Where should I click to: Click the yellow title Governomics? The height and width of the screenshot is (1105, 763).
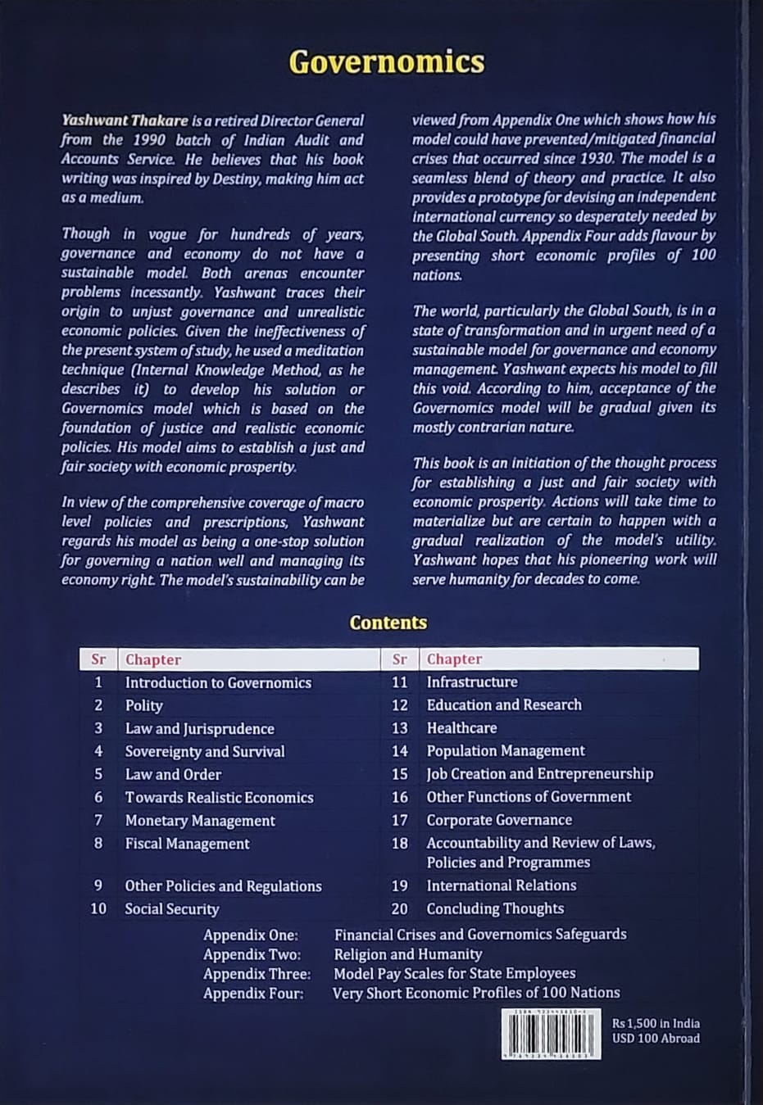387,62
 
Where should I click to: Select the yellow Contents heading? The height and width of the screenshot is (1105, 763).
388,623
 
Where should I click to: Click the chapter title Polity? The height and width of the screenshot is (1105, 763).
143,705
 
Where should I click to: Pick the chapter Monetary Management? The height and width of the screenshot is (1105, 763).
200,820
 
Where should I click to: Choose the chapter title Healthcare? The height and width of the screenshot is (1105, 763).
461,727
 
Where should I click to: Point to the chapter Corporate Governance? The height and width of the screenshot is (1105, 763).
499,819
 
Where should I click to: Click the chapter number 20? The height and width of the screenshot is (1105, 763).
399,908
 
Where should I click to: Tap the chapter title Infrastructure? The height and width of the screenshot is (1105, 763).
472,682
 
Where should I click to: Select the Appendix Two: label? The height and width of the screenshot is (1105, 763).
252,954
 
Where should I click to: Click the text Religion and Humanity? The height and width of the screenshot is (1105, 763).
407,954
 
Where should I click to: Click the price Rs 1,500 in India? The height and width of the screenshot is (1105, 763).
656,1023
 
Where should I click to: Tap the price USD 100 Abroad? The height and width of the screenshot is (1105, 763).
656,1039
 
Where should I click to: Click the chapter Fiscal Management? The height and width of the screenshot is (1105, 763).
187,843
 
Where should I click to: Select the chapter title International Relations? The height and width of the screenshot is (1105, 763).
501,885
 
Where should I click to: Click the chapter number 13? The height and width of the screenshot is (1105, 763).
399,727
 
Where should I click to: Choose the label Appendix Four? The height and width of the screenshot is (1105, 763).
253,994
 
